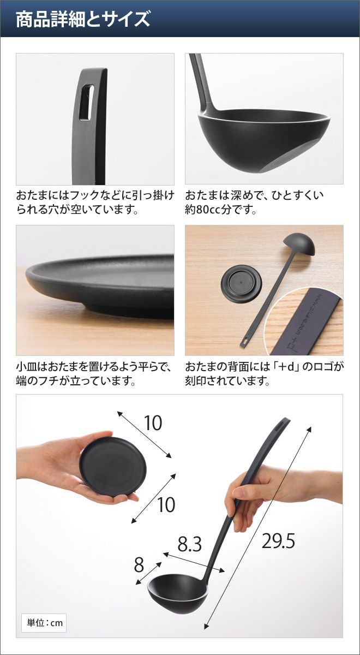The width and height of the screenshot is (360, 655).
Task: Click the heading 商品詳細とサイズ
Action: click(x=83, y=19)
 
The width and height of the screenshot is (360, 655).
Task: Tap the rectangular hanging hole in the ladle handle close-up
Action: click(x=87, y=103)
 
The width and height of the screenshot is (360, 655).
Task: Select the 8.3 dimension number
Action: click(x=190, y=544)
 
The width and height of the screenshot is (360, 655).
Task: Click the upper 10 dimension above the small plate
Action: click(x=153, y=423)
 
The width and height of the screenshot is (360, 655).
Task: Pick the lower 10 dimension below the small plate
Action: click(x=166, y=504)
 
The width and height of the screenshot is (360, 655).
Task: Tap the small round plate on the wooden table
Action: click(x=241, y=282)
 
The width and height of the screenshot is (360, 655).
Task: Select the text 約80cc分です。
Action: click(x=220, y=210)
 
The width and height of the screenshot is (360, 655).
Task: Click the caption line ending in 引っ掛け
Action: click(x=95, y=195)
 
